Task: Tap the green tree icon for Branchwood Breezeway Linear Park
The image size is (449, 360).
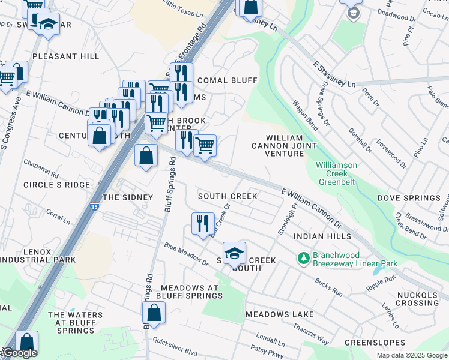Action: pos(304,258)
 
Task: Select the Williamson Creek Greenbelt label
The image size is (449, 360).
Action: pos(337,173)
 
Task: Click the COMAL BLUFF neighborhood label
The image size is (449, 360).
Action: pos(227,80)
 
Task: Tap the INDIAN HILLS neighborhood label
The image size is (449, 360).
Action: pos(322,237)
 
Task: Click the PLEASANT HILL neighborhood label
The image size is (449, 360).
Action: pos(65,56)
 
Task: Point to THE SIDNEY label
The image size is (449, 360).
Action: pos(128,197)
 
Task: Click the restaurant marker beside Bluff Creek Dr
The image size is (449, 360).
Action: pos(203,223)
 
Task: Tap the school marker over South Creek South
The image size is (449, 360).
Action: pos(234,253)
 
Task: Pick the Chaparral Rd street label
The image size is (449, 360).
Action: pos(41,169)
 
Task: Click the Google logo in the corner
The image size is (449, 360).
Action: pos(19,353)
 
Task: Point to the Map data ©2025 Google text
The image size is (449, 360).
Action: pos(411,355)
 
